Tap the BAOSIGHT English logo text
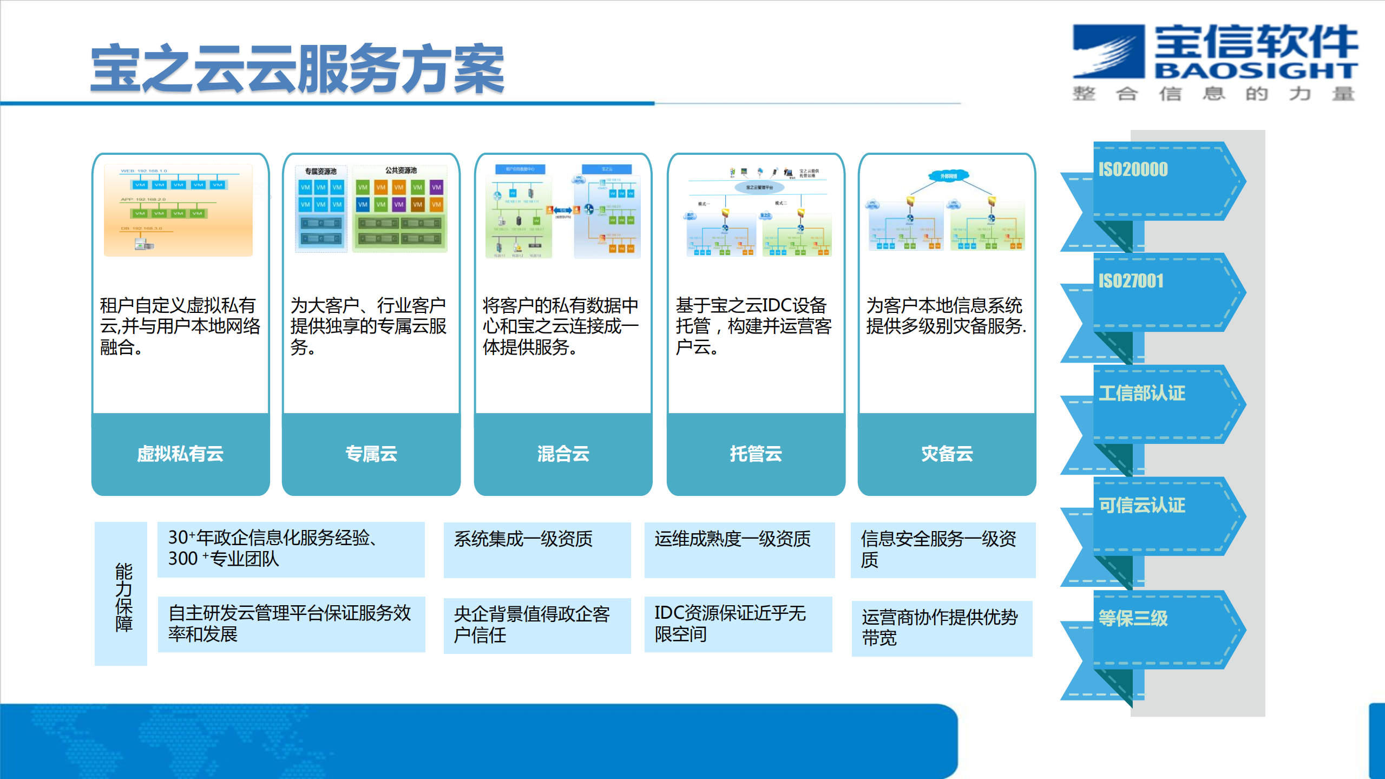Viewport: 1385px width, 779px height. [x=1256, y=70]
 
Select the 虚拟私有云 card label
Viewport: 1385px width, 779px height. [x=180, y=454]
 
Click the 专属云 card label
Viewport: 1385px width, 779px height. [x=371, y=454]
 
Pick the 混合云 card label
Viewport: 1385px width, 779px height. [x=563, y=454]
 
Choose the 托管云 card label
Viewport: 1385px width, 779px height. [x=756, y=454]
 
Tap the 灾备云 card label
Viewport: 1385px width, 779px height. [x=947, y=454]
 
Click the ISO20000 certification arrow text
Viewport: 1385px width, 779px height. [x=1133, y=169]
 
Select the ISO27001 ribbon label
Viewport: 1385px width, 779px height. [x=1131, y=281]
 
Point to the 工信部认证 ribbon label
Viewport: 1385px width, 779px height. [x=1141, y=393]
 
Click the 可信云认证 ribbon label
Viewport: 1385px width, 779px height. [x=1141, y=505]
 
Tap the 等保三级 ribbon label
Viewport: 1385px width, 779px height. [x=1133, y=618]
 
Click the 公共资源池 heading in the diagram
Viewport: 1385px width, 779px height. [x=401, y=171]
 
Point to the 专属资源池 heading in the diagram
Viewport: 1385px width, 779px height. [x=320, y=172]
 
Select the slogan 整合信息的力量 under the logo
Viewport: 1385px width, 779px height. [x=1213, y=94]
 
